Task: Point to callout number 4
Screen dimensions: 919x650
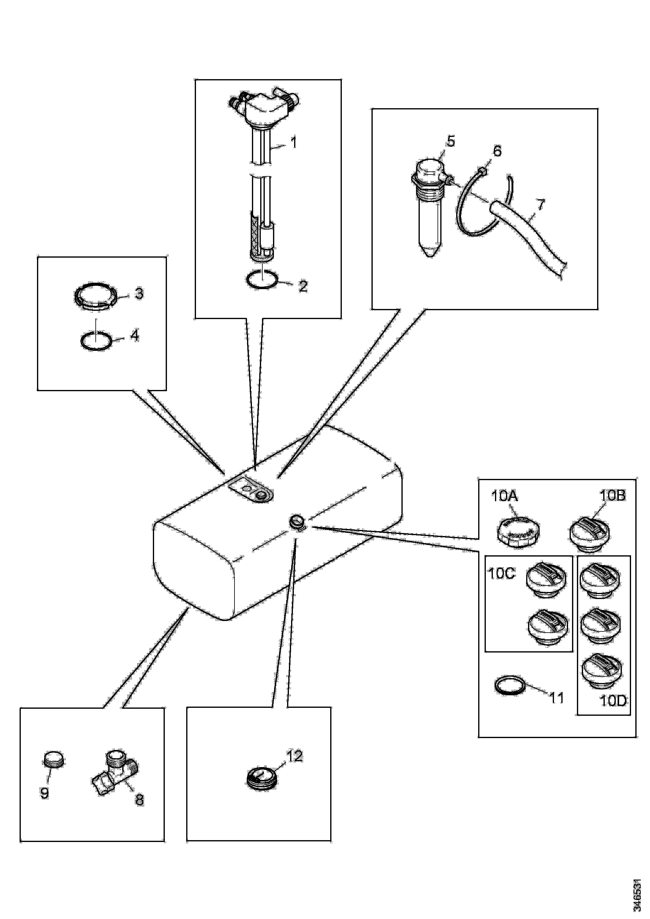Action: (x=135, y=336)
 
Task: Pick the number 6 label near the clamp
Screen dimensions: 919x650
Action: (x=497, y=151)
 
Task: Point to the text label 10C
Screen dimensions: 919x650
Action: (x=501, y=574)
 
